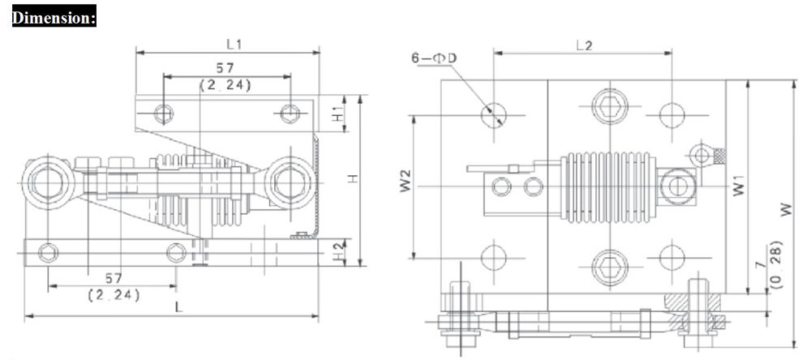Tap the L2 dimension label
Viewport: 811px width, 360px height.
coord(582,46)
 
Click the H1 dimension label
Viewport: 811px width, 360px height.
coord(339,114)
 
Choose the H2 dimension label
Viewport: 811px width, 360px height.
coord(339,250)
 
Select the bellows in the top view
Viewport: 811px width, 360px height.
coord(607,187)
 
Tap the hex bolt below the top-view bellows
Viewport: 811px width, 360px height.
coord(607,265)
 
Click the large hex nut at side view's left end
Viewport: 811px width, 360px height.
coord(46,182)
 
